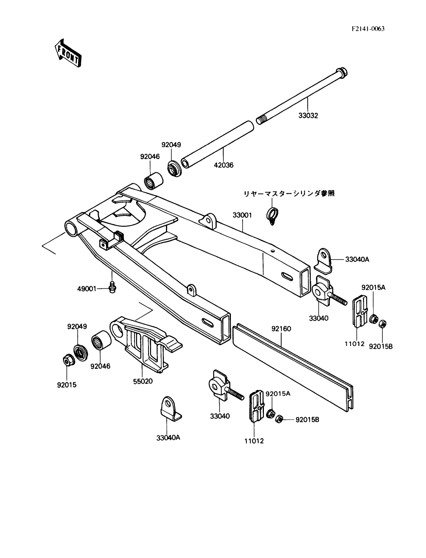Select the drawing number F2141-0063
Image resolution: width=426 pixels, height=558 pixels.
coord(368,29)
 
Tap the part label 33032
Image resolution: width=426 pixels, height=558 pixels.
coord(308,116)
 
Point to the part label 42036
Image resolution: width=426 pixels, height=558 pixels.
coord(223,165)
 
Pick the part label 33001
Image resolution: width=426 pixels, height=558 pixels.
coord(243,215)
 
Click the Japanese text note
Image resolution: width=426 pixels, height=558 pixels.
coord(289,193)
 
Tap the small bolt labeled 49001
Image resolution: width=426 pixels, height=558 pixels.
coord(112,287)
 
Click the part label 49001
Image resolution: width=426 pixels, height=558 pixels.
coord(87,289)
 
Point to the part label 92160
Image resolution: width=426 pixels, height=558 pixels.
coord(281,329)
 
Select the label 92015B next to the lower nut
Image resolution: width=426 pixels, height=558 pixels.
coord(307,420)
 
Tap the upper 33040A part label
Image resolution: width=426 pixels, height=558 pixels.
coord(357,260)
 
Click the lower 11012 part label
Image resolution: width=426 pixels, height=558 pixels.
coord(254,441)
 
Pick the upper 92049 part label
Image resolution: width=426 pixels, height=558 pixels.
coord(171,145)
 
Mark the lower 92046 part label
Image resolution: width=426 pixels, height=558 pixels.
coord(101,366)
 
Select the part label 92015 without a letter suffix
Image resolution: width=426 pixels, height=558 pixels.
coord(67,385)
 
